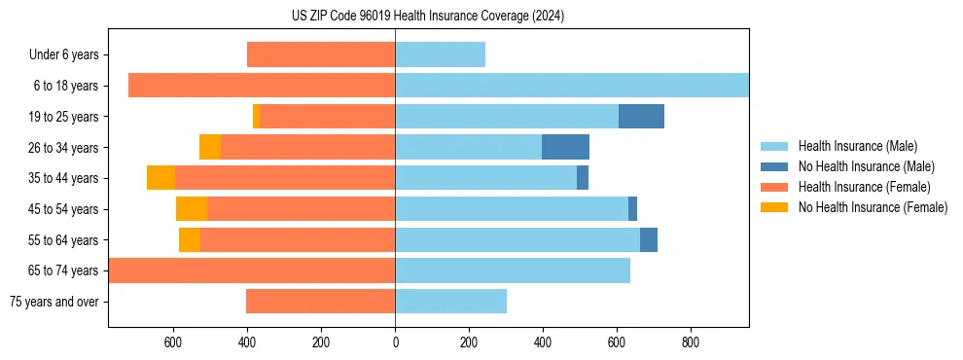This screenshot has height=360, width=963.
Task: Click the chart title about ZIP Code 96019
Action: [428, 16]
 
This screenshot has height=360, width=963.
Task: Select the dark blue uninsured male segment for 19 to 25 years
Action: [641, 116]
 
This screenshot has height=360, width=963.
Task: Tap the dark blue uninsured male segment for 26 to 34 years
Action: [565, 147]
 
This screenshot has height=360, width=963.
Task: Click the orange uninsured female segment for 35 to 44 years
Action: [160, 178]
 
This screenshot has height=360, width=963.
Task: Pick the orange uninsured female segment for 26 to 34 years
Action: [210, 147]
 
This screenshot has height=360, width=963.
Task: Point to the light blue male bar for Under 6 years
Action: [440, 54]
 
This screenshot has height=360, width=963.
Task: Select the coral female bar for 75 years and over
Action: [320, 302]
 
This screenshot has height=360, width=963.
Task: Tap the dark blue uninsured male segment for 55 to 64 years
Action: [649, 239]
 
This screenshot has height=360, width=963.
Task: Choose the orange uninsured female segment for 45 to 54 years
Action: [192, 209]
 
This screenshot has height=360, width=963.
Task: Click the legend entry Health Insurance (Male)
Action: [857, 146]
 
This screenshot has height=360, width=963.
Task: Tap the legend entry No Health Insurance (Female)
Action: [873, 207]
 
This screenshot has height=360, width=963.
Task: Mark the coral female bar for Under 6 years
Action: [321, 54]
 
